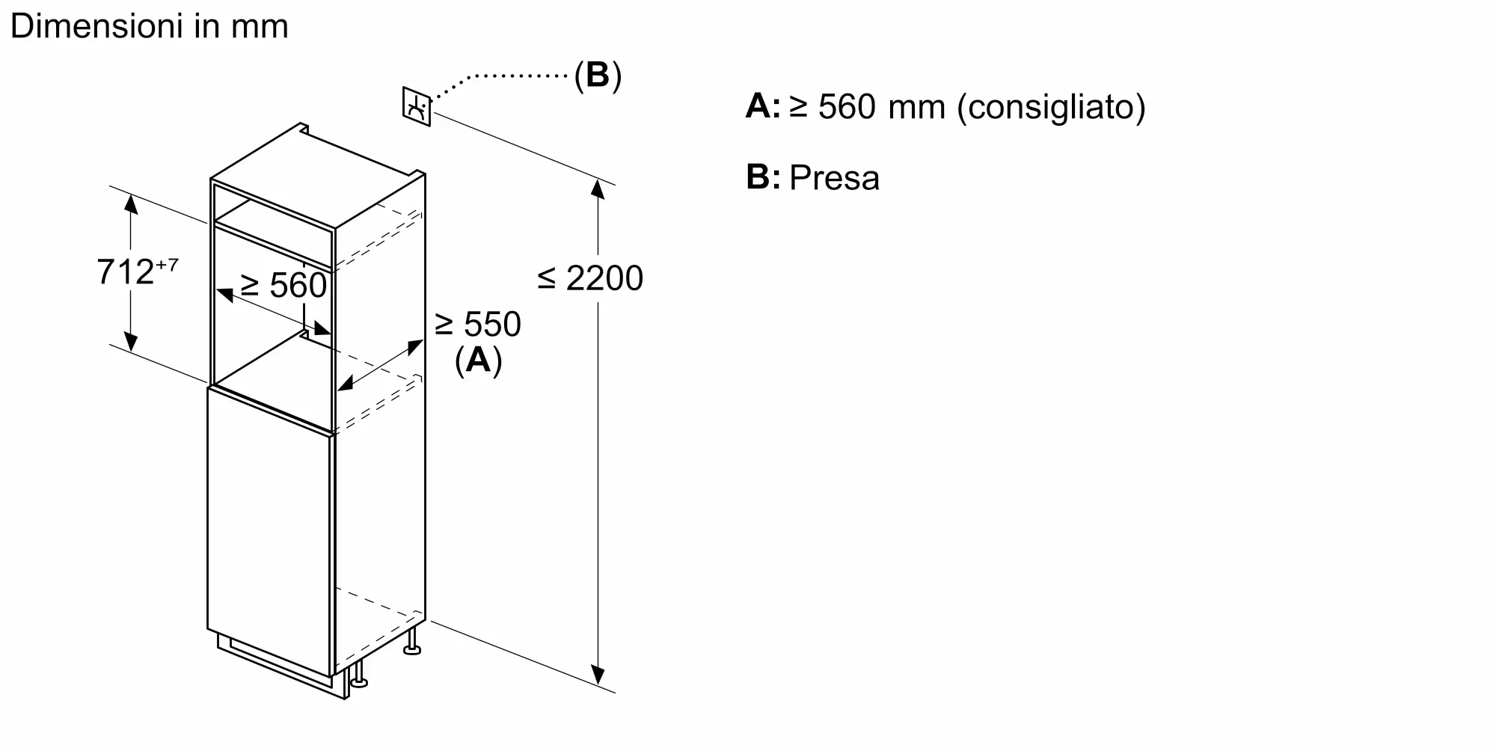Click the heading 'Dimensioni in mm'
[x=150, y=27]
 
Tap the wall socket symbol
[x=417, y=106]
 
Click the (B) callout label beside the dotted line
[x=598, y=75]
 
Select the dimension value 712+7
[x=138, y=272]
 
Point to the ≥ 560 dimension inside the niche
[x=283, y=285]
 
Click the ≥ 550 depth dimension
[x=477, y=324]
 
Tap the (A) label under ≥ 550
[x=478, y=361]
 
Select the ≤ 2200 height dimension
[x=590, y=278]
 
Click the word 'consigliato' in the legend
[x=1051, y=107]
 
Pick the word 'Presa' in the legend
[x=834, y=178]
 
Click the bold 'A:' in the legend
[x=763, y=107]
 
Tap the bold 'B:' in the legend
[x=763, y=178]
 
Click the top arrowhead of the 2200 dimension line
[x=597, y=188]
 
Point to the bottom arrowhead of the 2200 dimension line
[x=597, y=675]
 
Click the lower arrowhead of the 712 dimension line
[x=131, y=343]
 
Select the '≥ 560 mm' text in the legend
[x=868, y=107]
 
